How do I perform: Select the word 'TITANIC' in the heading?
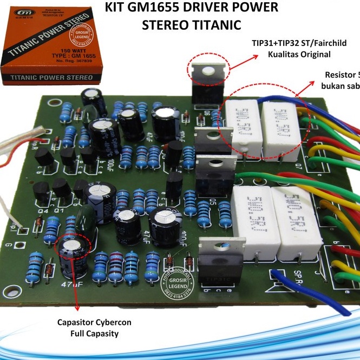tap(213, 25)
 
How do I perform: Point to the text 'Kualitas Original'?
tap(299, 55)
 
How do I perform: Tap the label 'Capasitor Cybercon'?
tap(94, 323)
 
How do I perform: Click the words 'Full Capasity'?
tap(95, 333)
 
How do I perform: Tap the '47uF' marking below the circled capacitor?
tap(71, 284)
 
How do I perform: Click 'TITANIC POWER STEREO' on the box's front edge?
tap(52, 79)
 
